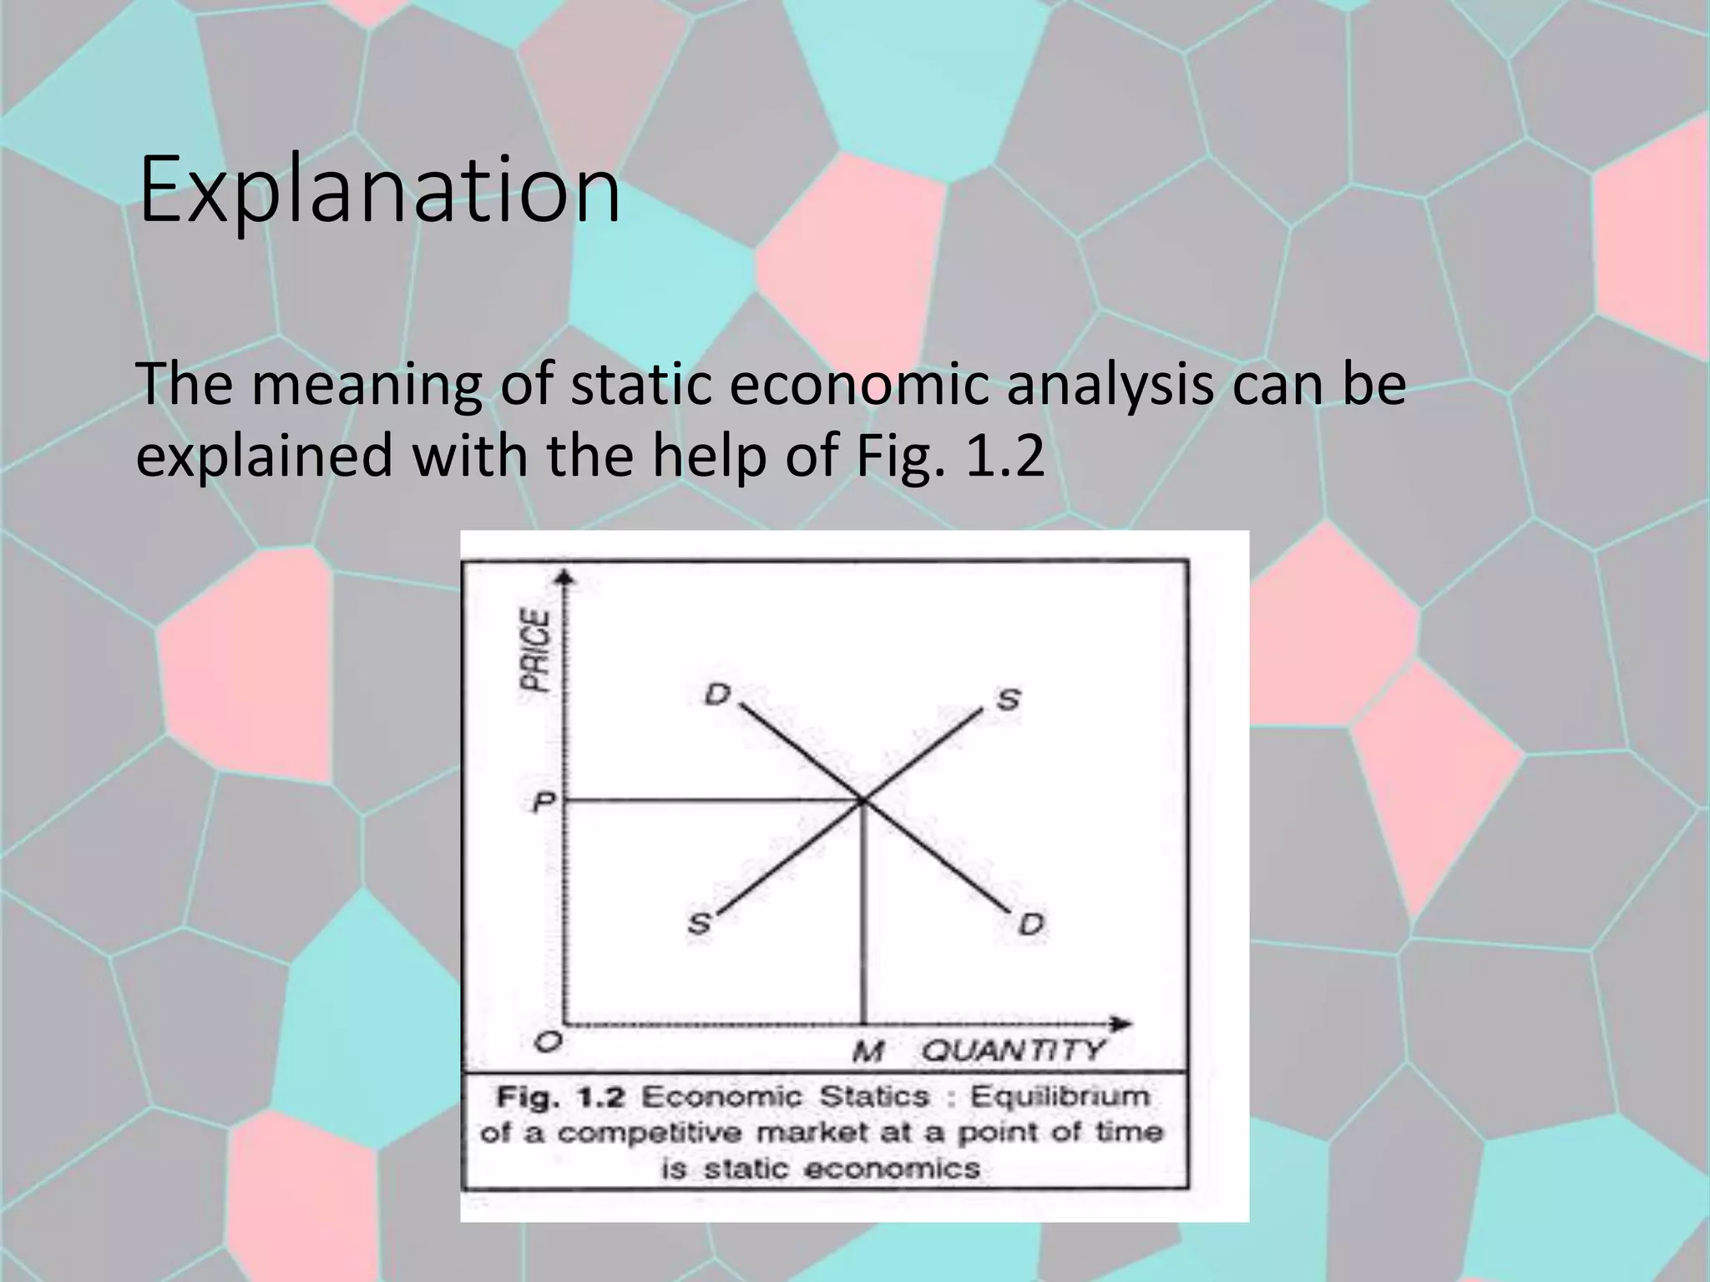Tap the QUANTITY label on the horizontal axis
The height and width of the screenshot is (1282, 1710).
pyautogui.click(x=1014, y=1051)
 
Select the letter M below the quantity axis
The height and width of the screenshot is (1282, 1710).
pyautogui.click(x=869, y=1052)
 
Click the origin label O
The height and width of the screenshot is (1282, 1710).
pyautogui.click(x=548, y=1041)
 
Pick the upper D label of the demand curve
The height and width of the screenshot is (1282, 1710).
pyautogui.click(x=717, y=694)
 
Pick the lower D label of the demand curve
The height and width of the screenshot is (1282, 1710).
pyautogui.click(x=1032, y=924)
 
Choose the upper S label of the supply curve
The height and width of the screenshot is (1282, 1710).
pyautogui.click(x=1009, y=699)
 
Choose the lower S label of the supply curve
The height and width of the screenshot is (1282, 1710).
pyautogui.click(x=699, y=924)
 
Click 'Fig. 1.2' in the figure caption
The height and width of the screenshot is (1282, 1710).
pyautogui.click(x=560, y=1097)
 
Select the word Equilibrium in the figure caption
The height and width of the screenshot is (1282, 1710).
pyautogui.click(x=1059, y=1096)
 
